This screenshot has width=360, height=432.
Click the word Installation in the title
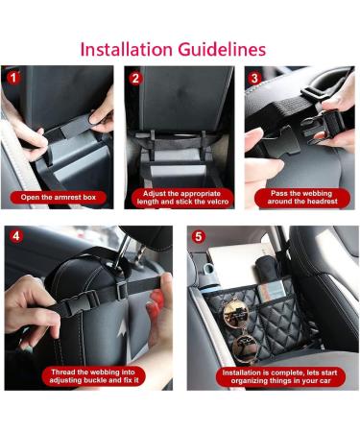coord(126,50)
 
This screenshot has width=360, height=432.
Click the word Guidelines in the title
coord(222,50)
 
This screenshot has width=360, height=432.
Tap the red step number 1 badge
coord(13,78)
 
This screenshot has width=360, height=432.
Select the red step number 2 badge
coord(135,79)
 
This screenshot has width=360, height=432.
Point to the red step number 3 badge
coord(254,79)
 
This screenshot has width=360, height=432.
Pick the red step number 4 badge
coord(16,236)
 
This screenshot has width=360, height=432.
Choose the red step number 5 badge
coord(199,237)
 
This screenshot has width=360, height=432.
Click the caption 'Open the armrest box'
coord(59,197)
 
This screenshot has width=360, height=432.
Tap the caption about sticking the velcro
coord(182,198)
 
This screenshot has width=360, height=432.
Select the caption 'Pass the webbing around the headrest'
coord(302,198)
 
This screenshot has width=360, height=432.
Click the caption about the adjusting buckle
coord(94,376)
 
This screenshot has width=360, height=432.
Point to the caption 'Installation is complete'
coord(280,376)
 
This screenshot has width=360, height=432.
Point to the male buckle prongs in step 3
coord(281,142)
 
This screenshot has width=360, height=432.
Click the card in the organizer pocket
coord(272,292)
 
